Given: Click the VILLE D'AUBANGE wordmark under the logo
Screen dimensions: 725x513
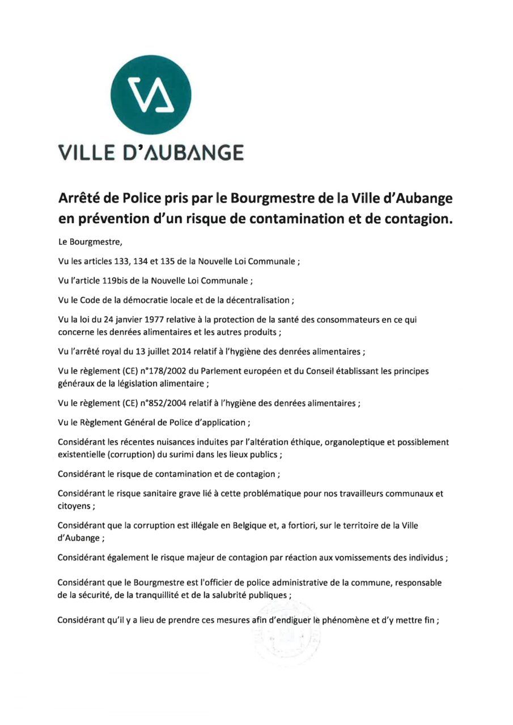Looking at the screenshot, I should coord(151,153).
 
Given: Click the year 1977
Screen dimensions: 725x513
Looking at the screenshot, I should coord(160,319).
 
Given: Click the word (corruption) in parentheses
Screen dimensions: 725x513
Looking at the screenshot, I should coord(130,454).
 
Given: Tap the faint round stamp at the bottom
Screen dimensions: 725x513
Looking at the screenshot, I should coord(287,634).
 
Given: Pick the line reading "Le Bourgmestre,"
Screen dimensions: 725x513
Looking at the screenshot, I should coord(90,242).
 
